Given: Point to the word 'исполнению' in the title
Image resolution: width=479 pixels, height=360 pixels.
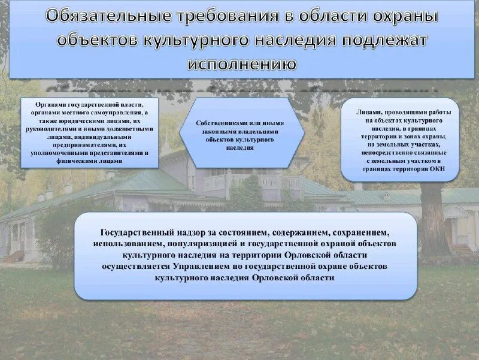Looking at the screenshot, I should [242, 63].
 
